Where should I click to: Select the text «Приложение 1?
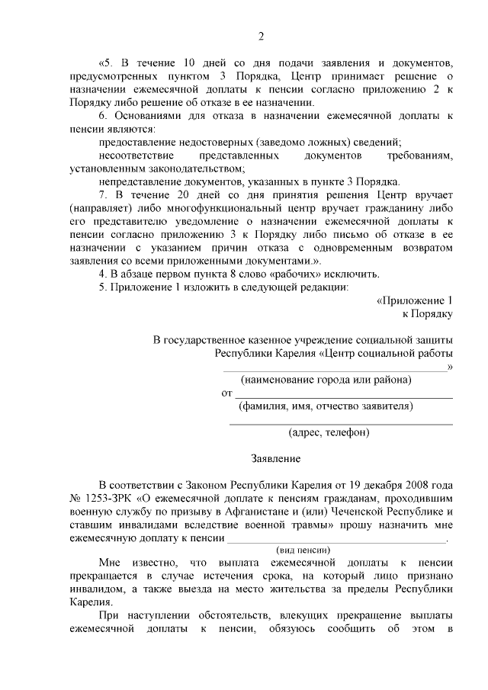(415, 300)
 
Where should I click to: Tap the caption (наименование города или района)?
(326, 380)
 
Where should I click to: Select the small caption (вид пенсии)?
(302, 550)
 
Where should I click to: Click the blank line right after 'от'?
(342, 395)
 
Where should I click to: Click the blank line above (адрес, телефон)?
(341, 422)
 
